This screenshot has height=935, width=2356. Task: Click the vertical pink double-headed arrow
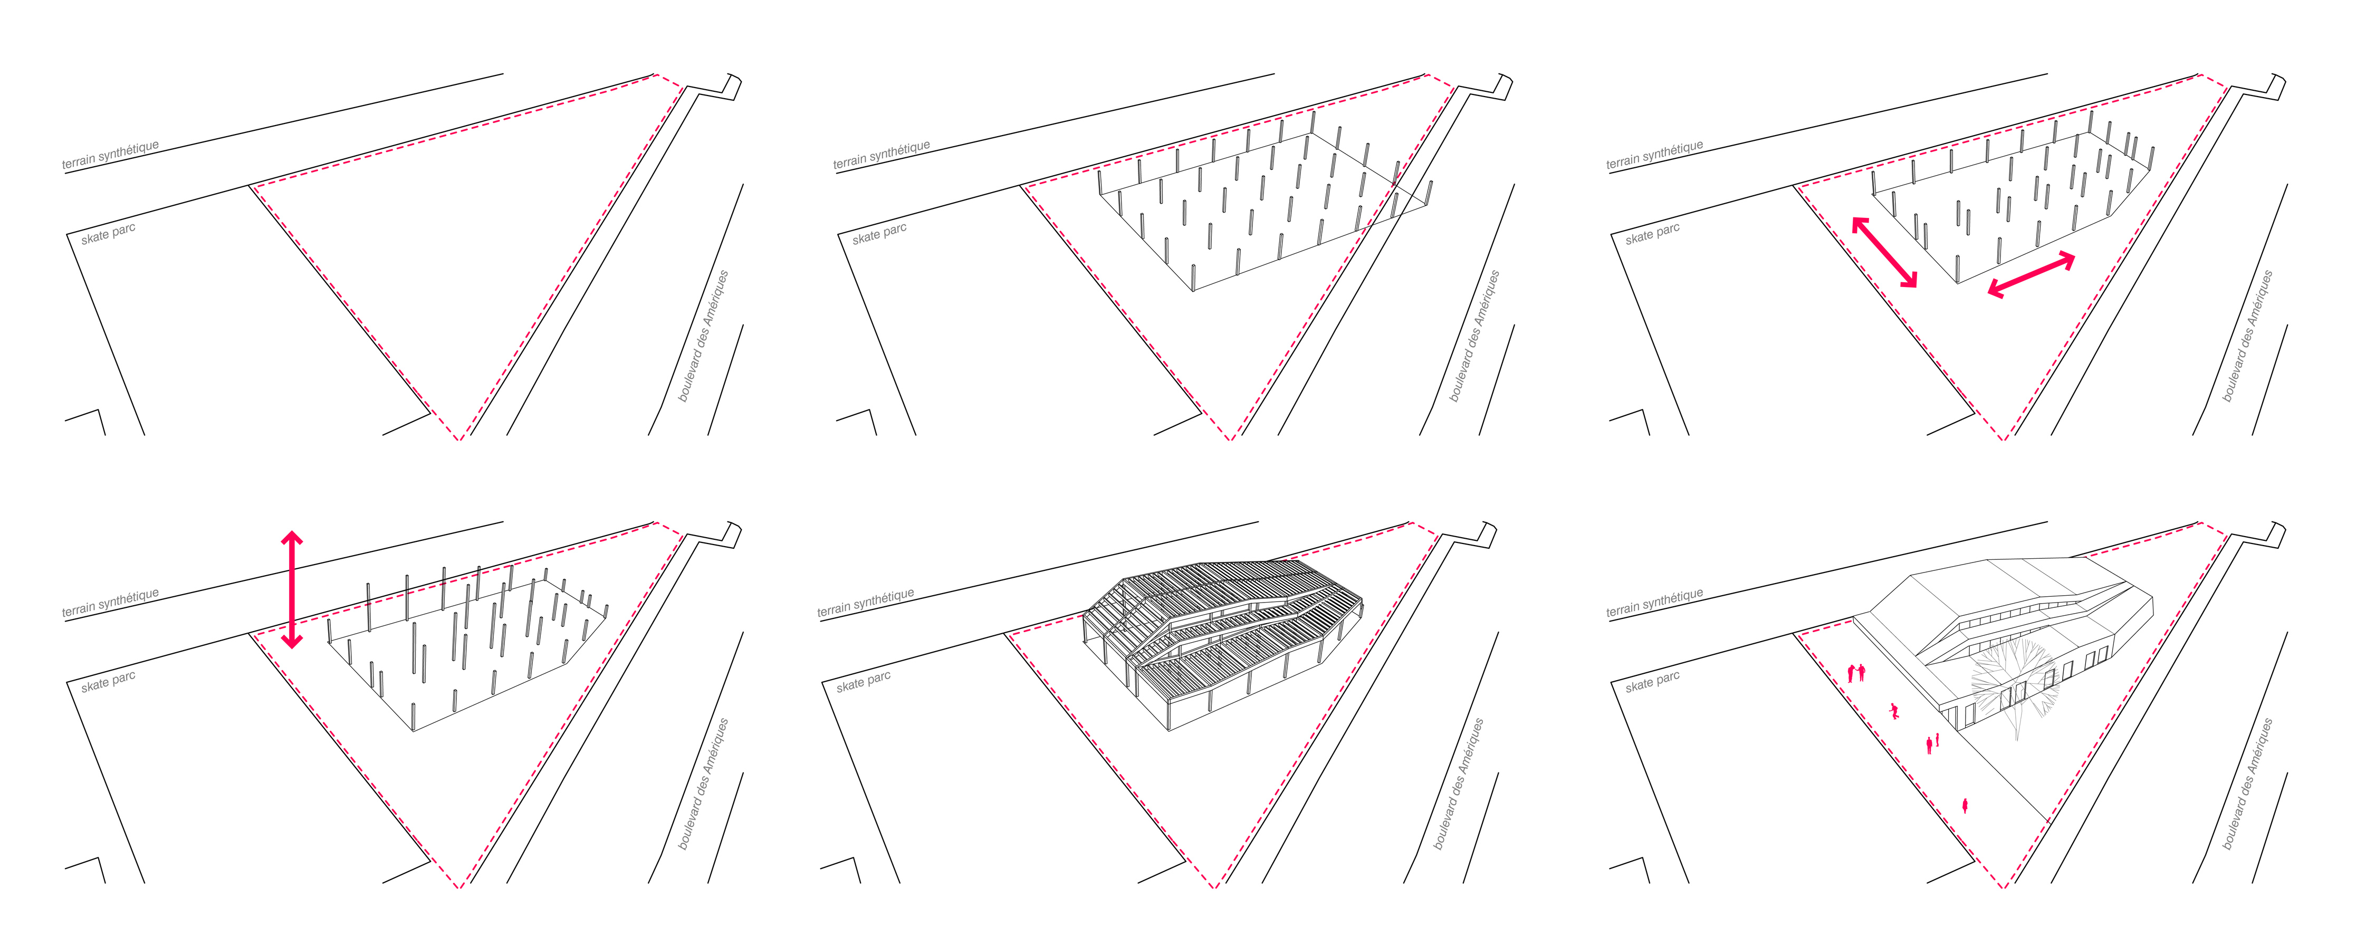click(292, 590)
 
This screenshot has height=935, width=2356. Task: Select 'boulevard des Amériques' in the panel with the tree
click(2248, 784)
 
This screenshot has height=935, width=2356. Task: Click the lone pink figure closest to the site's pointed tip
click(1965, 805)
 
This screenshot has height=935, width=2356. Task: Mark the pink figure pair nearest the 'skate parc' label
click(1856, 673)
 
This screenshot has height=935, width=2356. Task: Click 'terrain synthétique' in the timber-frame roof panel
click(865, 604)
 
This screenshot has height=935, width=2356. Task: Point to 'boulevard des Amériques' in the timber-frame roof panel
click(1459, 784)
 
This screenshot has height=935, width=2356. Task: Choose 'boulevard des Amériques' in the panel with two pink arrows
click(2248, 336)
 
